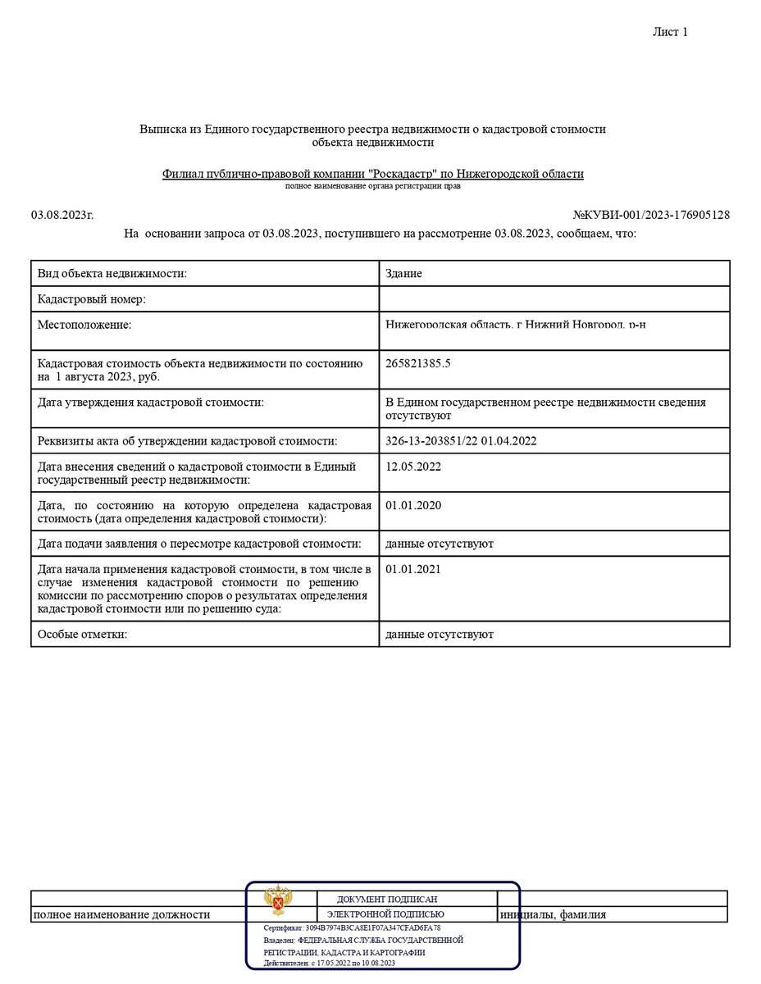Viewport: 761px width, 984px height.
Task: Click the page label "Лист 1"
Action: [x=669, y=32]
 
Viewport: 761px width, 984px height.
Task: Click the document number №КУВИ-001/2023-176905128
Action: [x=651, y=215]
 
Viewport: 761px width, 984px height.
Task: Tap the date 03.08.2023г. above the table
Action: [x=62, y=215]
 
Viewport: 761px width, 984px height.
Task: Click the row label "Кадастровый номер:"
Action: [x=92, y=299]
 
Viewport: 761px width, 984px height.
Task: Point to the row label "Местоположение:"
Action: [x=84, y=325]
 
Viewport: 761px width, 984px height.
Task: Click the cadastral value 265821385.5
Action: [x=418, y=363]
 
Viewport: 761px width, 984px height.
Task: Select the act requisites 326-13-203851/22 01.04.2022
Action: [x=460, y=441]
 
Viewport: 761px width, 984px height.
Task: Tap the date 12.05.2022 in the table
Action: [x=413, y=467]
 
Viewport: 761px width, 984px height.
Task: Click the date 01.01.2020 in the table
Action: [x=413, y=505]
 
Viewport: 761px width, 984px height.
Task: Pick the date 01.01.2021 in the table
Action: [x=413, y=569]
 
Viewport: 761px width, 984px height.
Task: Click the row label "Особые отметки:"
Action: [x=82, y=635]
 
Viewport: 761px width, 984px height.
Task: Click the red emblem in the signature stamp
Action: [x=280, y=900]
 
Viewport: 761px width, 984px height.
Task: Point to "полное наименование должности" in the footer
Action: [x=121, y=914]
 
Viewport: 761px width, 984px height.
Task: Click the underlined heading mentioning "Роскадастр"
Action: [x=373, y=174]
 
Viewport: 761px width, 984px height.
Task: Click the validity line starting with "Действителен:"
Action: [x=330, y=963]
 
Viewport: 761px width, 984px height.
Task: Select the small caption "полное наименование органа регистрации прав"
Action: [x=373, y=187]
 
